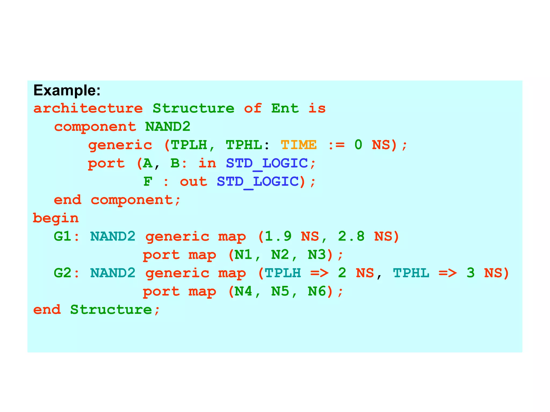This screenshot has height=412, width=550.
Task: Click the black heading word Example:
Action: [67, 90]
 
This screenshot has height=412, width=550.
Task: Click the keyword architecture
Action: [88, 108]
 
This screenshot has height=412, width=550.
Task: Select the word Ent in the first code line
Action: [285, 108]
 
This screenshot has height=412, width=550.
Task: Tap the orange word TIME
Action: [299, 145]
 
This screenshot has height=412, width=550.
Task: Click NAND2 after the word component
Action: [168, 127]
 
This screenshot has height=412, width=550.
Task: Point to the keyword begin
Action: [56, 218]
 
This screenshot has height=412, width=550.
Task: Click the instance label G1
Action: [62, 236]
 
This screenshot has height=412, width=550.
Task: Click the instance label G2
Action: [62, 273]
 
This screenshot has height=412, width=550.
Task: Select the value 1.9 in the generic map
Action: [278, 236]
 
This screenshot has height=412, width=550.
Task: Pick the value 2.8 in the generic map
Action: [351, 236]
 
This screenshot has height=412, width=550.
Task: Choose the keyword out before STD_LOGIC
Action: [194, 182]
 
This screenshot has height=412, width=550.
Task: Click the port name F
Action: [148, 182]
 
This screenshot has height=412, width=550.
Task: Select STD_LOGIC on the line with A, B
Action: [267, 163]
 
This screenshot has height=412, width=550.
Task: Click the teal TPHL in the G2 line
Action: [411, 273]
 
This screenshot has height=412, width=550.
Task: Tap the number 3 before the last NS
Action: [471, 273]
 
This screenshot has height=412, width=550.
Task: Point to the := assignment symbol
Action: [336, 145]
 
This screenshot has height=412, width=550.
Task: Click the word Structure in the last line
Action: [111, 310]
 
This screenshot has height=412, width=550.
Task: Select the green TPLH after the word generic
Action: [189, 145]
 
